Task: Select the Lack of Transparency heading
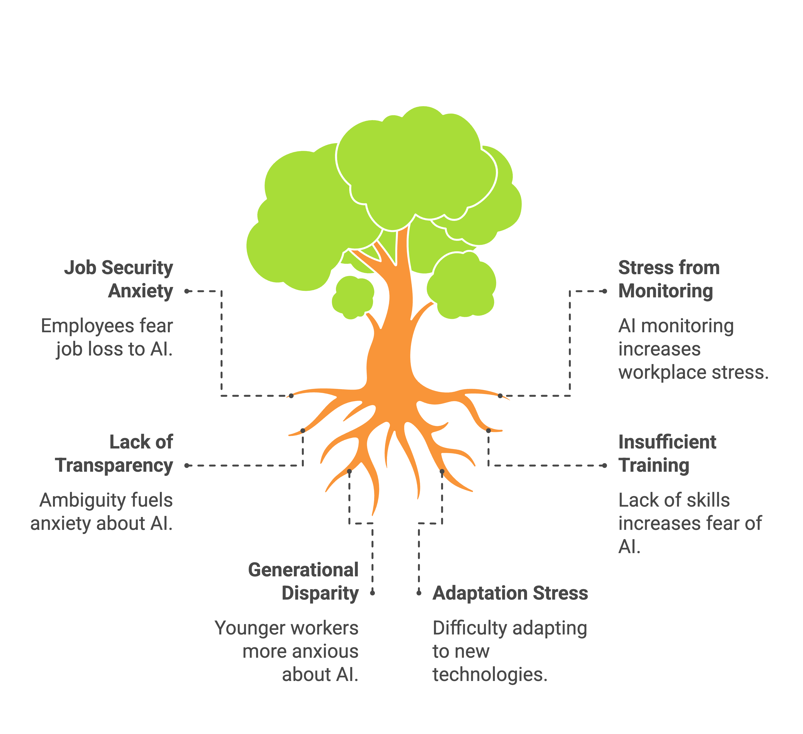pos(114,454)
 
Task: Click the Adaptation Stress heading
pos(510,593)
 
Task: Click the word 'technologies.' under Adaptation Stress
pos(490,675)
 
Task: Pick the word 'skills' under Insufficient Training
pos(707,500)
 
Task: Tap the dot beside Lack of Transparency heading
pos(187,465)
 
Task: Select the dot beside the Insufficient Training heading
pos(605,465)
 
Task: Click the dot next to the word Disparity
pos(372,593)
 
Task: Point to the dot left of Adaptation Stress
pos(419,593)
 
